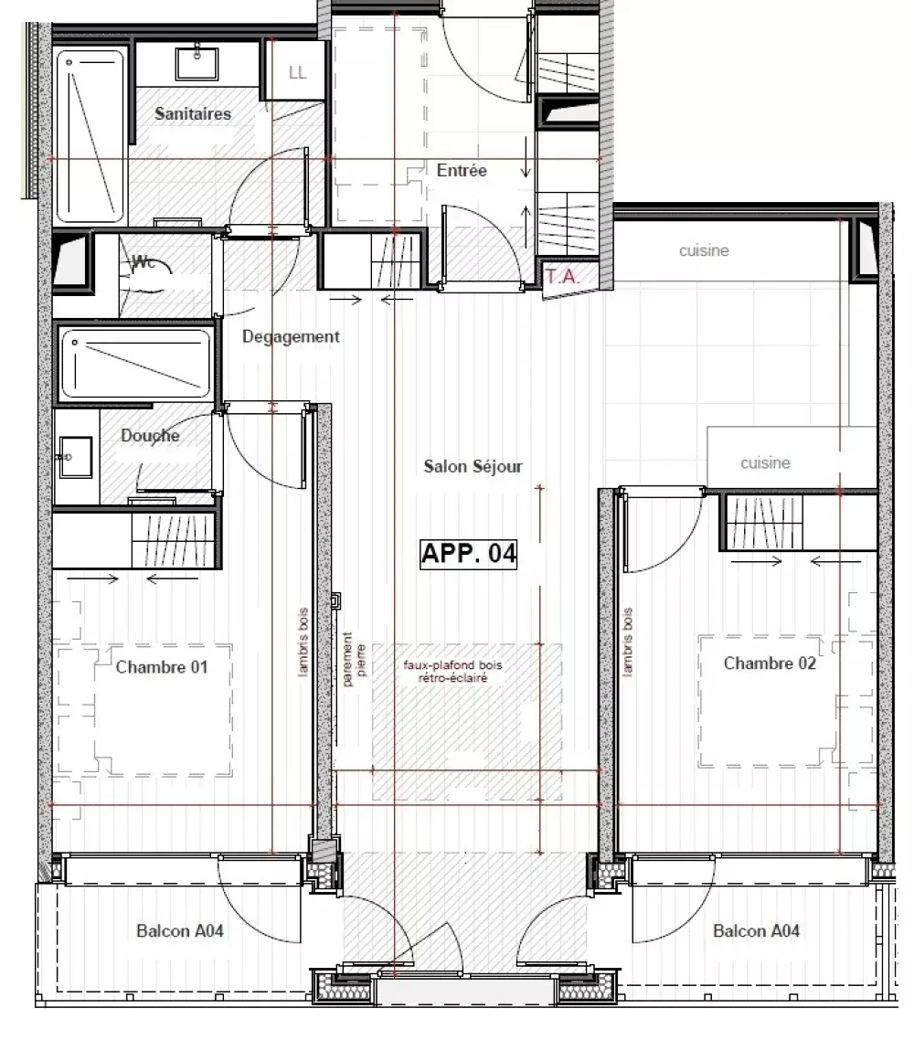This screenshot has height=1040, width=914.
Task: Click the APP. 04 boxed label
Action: click(468, 553)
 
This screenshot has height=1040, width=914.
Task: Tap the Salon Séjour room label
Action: click(473, 466)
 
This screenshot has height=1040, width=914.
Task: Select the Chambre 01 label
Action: click(162, 666)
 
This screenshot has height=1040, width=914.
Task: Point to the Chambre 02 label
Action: click(770, 663)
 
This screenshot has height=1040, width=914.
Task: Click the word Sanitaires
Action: click(193, 113)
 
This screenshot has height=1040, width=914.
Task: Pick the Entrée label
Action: click(462, 171)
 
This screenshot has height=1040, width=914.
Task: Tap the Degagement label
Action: click(291, 337)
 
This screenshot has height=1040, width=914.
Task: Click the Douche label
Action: click(150, 435)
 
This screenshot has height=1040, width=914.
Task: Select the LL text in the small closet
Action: click(298, 72)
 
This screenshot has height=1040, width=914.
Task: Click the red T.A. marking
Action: click(562, 276)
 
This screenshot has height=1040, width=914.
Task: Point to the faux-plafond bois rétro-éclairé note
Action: click(453, 671)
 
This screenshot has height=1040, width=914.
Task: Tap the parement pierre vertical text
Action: click(354, 659)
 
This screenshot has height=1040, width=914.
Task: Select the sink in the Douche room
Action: click(76, 456)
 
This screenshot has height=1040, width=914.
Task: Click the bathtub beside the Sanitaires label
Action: click(90, 136)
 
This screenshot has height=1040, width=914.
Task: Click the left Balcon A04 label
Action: click(180, 930)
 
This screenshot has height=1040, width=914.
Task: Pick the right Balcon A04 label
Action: click(756, 930)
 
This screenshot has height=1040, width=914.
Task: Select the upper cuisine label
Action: click(704, 250)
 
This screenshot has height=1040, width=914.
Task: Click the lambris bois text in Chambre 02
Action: click(628, 642)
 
